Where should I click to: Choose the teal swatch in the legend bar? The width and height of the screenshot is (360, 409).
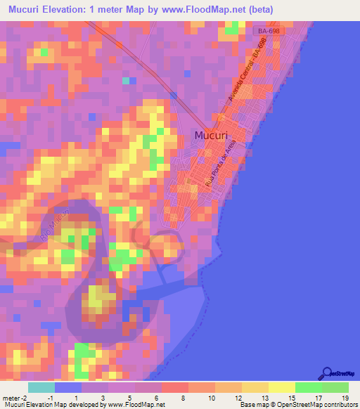(x=41, y=387)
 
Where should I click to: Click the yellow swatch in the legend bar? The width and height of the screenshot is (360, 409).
(x=281, y=387)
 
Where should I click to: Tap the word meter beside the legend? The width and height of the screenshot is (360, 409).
(x=13, y=398)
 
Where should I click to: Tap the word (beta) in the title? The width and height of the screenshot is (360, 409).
(x=258, y=10)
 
